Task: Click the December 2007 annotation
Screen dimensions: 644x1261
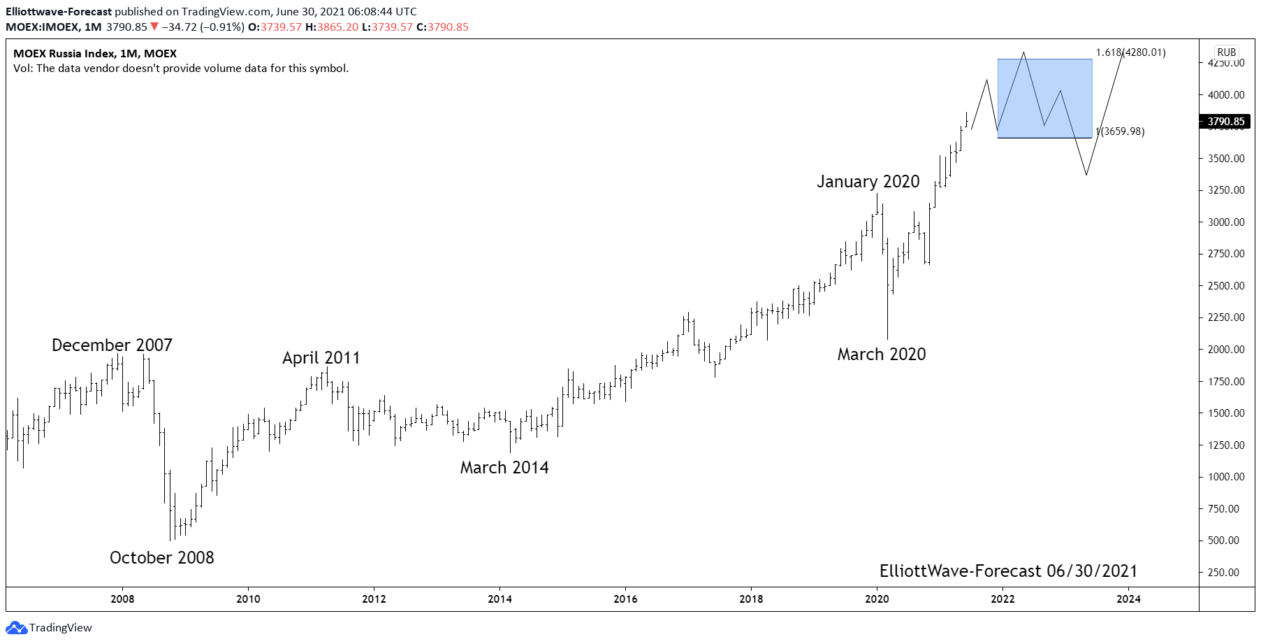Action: pyautogui.click(x=112, y=345)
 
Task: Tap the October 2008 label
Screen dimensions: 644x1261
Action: pyautogui.click(x=161, y=557)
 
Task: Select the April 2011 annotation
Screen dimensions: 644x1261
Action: pyautogui.click(x=321, y=357)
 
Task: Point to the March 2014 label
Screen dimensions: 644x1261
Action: pyautogui.click(x=504, y=467)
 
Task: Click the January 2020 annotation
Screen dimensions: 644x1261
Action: pyautogui.click(x=868, y=181)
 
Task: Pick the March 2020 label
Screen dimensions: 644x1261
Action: pyautogui.click(x=881, y=354)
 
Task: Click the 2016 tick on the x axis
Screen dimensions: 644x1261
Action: pyautogui.click(x=625, y=599)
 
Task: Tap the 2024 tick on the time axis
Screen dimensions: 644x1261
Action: pyautogui.click(x=1128, y=599)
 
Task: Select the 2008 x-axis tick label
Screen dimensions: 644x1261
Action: pyautogui.click(x=122, y=599)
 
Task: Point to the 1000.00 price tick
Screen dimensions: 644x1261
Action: pyautogui.click(x=1226, y=477)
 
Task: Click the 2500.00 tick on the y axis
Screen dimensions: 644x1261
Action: pyautogui.click(x=1226, y=286)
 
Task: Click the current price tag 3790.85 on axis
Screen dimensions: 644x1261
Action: pyautogui.click(x=1226, y=122)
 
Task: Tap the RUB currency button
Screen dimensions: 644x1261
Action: pyautogui.click(x=1226, y=52)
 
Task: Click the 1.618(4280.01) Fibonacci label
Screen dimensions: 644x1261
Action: pyautogui.click(x=1130, y=52)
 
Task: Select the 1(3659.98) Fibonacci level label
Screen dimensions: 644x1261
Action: pyautogui.click(x=1121, y=131)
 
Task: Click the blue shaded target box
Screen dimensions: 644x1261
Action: pyautogui.click(x=1044, y=98)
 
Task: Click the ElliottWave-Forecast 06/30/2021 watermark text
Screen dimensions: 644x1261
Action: pyautogui.click(x=1007, y=571)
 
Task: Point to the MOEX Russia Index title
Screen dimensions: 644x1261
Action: pyautogui.click(x=95, y=53)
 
